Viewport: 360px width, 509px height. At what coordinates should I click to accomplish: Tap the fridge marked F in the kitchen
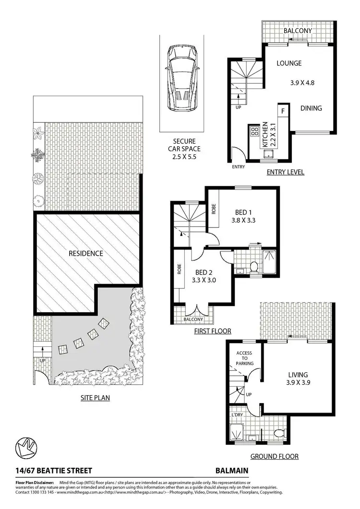point(283,111)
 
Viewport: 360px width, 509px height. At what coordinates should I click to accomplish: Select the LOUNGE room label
point(289,63)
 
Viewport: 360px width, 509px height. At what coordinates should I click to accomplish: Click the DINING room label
point(311,108)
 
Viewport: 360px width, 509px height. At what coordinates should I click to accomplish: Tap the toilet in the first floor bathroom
point(254,266)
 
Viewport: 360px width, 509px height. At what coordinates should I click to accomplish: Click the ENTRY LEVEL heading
point(286,172)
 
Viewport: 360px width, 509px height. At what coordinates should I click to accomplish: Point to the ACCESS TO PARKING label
point(244,359)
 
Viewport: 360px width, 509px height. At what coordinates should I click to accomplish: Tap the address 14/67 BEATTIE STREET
point(47,471)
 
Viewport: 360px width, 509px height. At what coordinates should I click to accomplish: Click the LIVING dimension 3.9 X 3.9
point(298,384)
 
